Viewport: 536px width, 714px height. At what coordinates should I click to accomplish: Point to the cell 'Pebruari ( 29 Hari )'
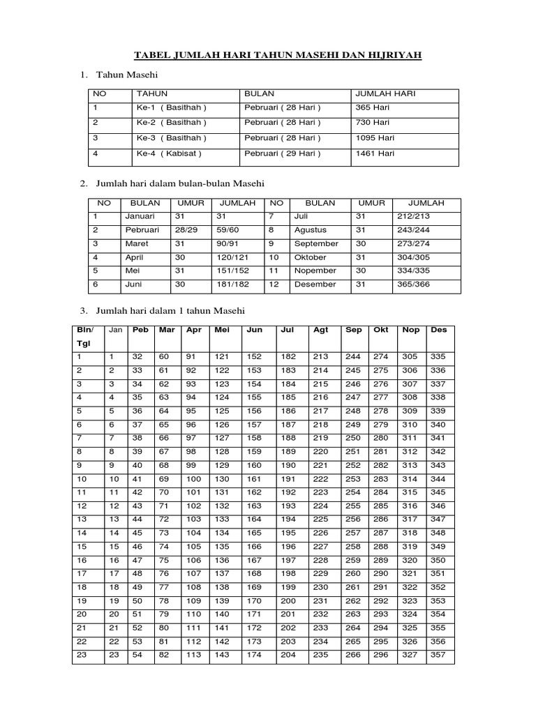point(283,153)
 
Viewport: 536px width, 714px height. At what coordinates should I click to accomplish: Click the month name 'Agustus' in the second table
point(310,230)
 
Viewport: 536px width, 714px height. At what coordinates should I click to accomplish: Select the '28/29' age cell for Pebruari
point(186,230)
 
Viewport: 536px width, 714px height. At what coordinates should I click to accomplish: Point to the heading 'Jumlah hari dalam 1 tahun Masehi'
point(172,310)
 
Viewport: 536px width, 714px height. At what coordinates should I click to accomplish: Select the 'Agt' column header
point(321,330)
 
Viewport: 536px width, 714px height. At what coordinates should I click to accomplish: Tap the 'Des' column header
point(439,330)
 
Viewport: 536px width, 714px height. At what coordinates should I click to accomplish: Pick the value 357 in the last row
point(438,655)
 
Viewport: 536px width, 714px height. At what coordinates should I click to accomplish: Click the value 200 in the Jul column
point(288,601)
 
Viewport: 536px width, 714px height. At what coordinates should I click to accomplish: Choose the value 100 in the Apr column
point(193,480)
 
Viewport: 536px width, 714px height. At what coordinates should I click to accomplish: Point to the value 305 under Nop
point(410,357)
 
